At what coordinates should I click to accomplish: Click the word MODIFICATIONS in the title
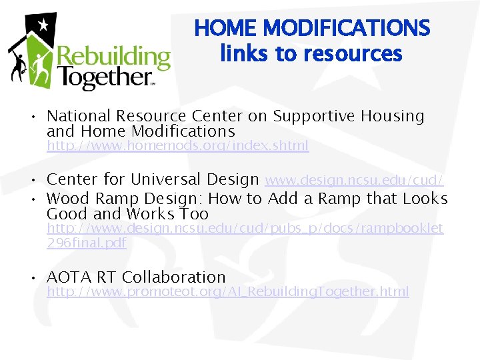[347, 29]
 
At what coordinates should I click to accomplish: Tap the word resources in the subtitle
[361, 53]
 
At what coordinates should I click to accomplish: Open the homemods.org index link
[177, 146]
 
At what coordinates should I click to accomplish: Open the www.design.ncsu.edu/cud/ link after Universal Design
[355, 180]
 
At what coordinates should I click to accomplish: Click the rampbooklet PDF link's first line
[244, 229]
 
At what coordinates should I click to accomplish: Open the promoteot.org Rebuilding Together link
[227, 291]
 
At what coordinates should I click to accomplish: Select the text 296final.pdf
[86, 243]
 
